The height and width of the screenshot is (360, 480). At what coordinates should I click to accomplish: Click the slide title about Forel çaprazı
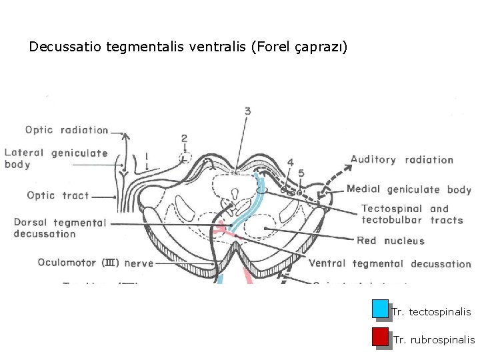(189, 47)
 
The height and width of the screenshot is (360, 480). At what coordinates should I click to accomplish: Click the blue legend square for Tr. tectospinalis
(380, 309)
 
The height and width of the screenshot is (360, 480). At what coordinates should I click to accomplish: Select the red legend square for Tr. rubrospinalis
(380, 336)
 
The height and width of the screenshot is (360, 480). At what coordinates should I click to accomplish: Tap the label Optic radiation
(67, 130)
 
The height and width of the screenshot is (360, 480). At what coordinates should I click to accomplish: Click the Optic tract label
(57, 195)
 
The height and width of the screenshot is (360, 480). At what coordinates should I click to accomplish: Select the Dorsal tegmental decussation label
(60, 228)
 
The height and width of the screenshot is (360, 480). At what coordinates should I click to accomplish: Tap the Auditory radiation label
(402, 160)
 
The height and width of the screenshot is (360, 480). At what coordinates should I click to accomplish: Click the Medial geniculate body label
(409, 189)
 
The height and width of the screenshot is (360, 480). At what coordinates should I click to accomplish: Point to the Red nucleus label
(391, 240)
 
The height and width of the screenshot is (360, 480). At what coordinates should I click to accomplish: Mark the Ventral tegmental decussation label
(390, 264)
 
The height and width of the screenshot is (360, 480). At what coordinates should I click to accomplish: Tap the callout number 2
(184, 139)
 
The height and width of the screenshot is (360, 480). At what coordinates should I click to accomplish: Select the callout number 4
(290, 163)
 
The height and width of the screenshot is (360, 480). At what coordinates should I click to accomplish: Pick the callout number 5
(301, 173)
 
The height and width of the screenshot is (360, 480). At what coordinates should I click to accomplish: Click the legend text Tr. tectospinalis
(431, 312)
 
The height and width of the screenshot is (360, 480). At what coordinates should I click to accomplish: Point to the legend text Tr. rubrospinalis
(433, 340)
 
